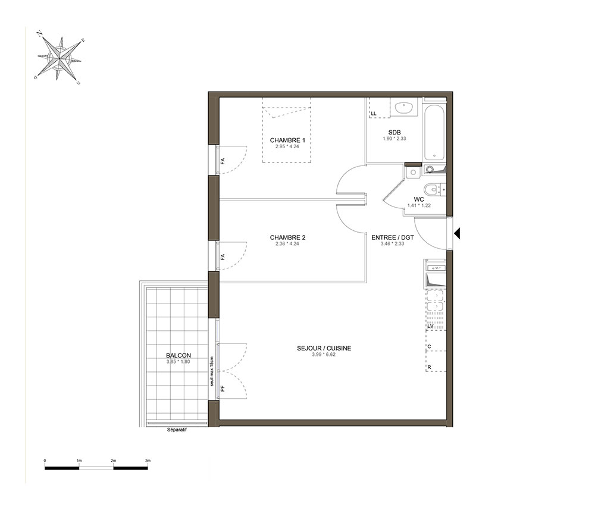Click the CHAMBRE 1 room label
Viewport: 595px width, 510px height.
point(287,140)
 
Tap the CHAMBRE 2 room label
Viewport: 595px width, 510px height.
point(287,237)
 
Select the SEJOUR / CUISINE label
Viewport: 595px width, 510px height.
point(324,348)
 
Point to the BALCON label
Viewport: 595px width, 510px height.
point(178,355)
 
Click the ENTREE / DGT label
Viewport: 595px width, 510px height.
point(392,237)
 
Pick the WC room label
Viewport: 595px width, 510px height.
point(419,199)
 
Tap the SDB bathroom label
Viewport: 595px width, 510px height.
point(394,133)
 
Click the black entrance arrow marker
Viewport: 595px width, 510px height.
point(457,233)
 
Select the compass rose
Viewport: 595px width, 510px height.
point(59,58)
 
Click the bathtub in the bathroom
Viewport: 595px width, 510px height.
point(434,132)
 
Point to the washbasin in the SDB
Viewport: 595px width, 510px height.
point(405,108)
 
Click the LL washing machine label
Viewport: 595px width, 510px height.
point(374,114)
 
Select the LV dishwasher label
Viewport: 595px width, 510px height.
point(430,326)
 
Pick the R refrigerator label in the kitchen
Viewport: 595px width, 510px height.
point(429,367)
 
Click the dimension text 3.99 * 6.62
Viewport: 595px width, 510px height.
point(324,355)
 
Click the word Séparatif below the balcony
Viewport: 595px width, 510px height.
point(177,430)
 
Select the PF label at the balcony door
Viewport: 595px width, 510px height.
point(223,388)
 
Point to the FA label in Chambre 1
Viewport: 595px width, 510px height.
point(223,161)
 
